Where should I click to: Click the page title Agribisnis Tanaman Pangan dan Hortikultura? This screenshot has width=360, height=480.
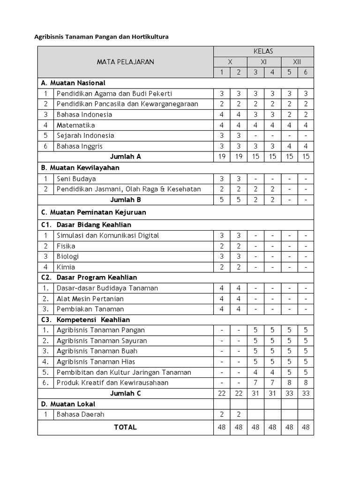[101, 37]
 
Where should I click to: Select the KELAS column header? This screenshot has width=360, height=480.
[263, 51]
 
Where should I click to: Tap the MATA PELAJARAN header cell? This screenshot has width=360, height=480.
[125, 62]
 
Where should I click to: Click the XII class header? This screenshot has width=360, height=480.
[297, 62]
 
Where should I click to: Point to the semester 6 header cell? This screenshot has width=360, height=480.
[306, 72]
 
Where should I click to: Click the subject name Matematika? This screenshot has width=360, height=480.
[75, 125]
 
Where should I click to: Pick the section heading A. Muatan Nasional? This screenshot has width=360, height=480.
[73, 82]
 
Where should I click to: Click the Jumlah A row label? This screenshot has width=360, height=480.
[125, 157]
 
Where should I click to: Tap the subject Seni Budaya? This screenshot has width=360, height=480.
[76, 179]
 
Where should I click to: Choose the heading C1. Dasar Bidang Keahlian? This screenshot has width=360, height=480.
[86, 225]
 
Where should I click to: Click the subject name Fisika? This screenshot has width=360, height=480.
[66, 246]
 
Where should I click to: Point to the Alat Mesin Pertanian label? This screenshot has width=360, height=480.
[90, 299]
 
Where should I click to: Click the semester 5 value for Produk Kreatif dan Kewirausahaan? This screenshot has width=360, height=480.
[289, 382]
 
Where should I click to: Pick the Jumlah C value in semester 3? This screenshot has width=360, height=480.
[255, 393]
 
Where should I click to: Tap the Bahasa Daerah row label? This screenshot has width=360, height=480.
[80, 414]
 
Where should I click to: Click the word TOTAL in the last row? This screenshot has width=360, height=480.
[125, 427]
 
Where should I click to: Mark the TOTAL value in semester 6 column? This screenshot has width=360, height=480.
[306, 427]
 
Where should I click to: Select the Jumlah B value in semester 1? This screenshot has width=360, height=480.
[222, 200]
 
